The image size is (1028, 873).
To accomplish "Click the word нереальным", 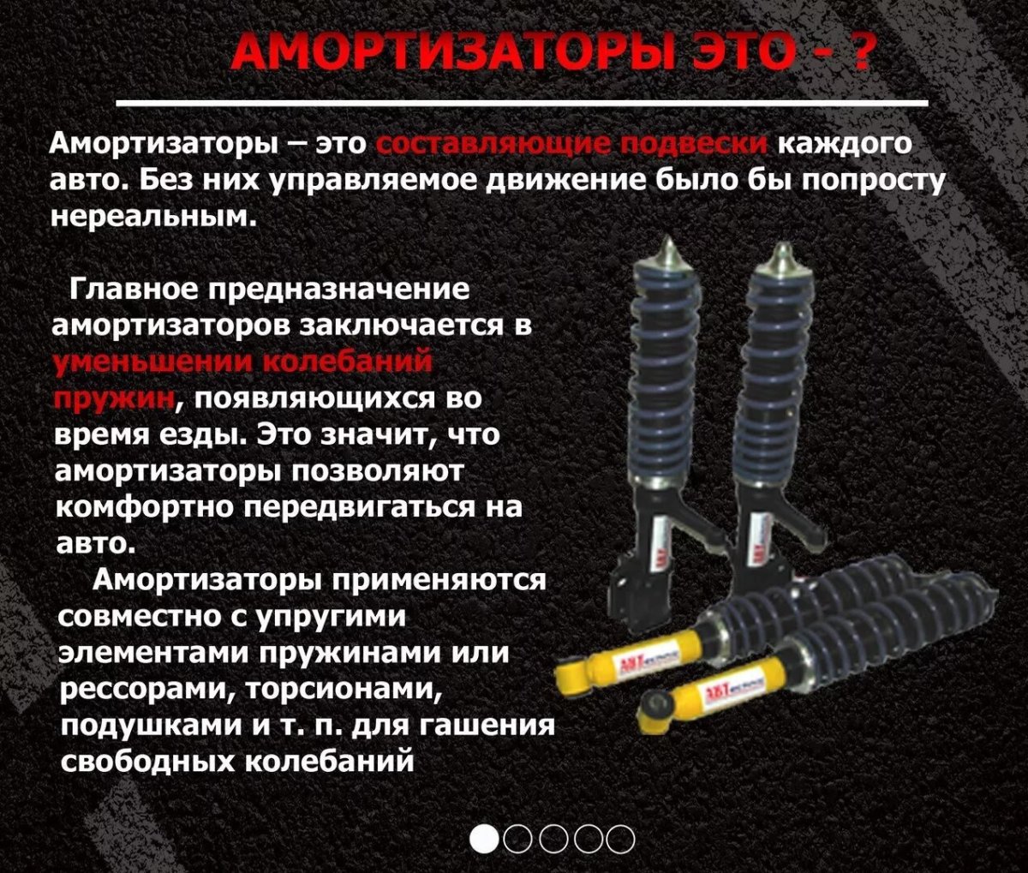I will [155, 216].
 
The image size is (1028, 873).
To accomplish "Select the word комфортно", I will [145, 507].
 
